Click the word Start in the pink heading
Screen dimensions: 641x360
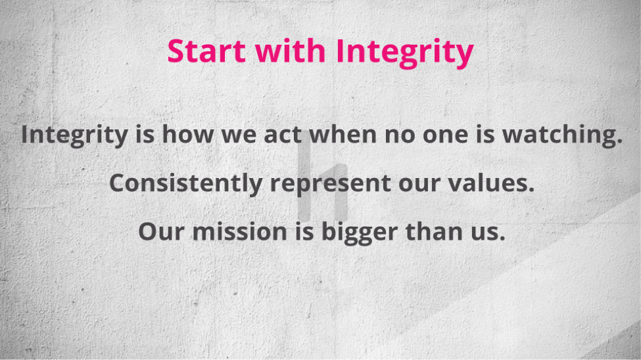(206, 51)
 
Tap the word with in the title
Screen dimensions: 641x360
(290, 51)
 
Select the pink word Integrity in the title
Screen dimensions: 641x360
(404, 53)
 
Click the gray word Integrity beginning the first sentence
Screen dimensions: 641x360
(74, 135)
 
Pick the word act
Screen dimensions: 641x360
(283, 135)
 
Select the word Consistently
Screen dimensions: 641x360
(186, 183)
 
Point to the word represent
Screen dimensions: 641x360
(330, 184)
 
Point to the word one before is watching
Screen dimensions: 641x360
(445, 136)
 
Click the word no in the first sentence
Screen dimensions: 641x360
(400, 136)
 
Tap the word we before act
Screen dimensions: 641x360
(239, 136)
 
